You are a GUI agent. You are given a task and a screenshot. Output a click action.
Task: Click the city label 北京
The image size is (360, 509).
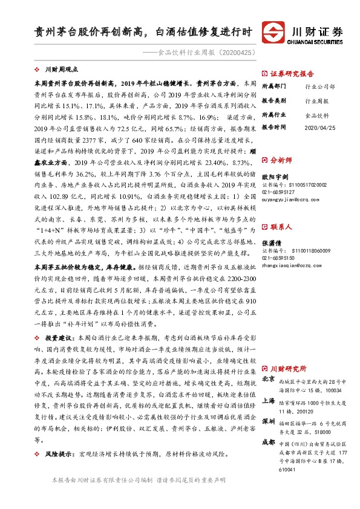click(269, 379)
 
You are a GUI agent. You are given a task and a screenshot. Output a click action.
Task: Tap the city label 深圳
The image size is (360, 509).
click(269, 421)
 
